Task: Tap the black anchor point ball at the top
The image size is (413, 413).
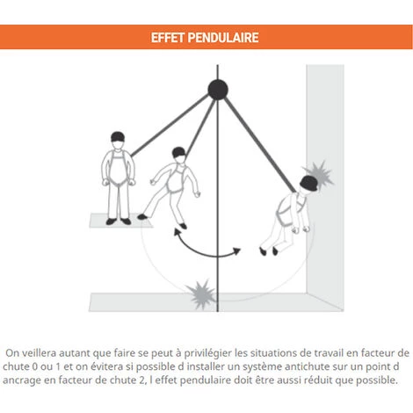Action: (217, 88)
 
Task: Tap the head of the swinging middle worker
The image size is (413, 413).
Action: (180, 155)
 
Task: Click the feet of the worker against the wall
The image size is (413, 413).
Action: (268, 250)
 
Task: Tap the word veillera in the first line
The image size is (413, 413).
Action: (54, 352)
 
